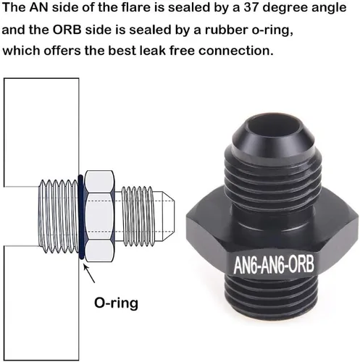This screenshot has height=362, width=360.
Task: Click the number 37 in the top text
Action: tap(251, 7)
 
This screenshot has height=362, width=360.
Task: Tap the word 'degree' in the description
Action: tap(285, 9)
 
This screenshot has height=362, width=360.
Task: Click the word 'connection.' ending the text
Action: tap(236, 51)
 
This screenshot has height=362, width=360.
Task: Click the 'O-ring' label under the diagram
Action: tap(116, 303)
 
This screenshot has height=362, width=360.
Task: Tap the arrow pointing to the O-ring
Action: tap(89, 274)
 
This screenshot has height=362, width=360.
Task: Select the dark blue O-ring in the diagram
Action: tap(80, 217)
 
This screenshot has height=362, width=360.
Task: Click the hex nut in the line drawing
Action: tap(100, 216)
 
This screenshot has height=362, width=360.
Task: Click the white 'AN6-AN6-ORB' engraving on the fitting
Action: tap(274, 264)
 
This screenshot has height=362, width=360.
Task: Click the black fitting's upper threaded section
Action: tap(273, 179)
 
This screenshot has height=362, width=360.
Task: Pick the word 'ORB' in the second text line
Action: tap(67, 30)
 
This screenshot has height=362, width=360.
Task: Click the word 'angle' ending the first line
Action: tap(329, 9)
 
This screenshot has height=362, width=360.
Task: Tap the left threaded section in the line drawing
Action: tap(59, 216)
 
